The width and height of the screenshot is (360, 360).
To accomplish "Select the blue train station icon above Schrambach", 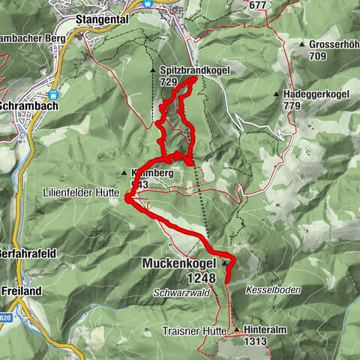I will tap(53, 95).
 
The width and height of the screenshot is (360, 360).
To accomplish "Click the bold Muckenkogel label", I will tap(179, 264).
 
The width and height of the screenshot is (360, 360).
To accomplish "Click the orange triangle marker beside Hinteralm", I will tap(238, 330).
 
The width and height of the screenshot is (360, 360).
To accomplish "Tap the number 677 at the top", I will tap(258, 5).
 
